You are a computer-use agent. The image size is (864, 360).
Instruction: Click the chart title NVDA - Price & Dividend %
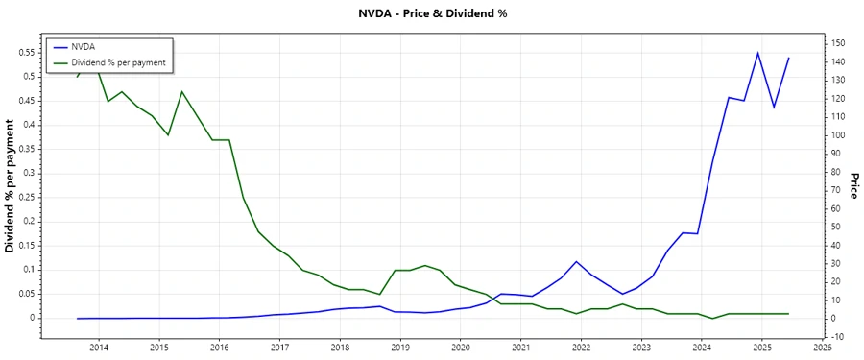[432, 14]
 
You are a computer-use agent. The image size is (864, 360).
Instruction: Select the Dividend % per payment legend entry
[118, 62]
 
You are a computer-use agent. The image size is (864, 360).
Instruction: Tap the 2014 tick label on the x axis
[99, 348]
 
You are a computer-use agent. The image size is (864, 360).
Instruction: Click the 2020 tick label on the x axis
[461, 348]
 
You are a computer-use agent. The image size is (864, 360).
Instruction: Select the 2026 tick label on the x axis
[823, 348]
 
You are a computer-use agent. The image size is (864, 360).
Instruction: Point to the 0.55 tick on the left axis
[27, 52]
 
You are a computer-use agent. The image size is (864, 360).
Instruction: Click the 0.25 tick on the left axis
[27, 197]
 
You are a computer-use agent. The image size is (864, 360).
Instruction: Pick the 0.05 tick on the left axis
[27, 294]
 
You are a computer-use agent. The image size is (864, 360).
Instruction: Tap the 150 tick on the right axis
[838, 43]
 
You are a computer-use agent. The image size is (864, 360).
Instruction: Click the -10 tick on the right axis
[838, 336]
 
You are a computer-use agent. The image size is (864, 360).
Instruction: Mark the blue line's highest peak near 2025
[757, 53]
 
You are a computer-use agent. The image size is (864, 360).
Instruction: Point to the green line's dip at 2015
[168, 135]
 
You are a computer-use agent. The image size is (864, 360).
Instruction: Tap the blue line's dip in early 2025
[774, 108]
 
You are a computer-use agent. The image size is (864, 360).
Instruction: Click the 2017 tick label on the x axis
[279, 348]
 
